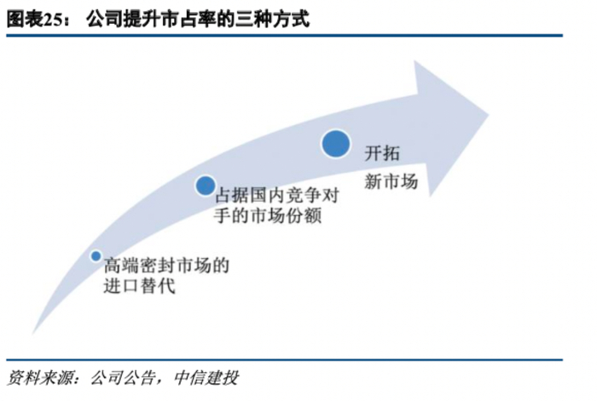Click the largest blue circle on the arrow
pyautogui.click(x=336, y=142)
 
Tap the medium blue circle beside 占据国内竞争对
pyautogui.click(x=205, y=186)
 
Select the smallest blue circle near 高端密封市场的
pyautogui.click(x=96, y=255)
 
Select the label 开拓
pyautogui.click(x=382, y=155)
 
